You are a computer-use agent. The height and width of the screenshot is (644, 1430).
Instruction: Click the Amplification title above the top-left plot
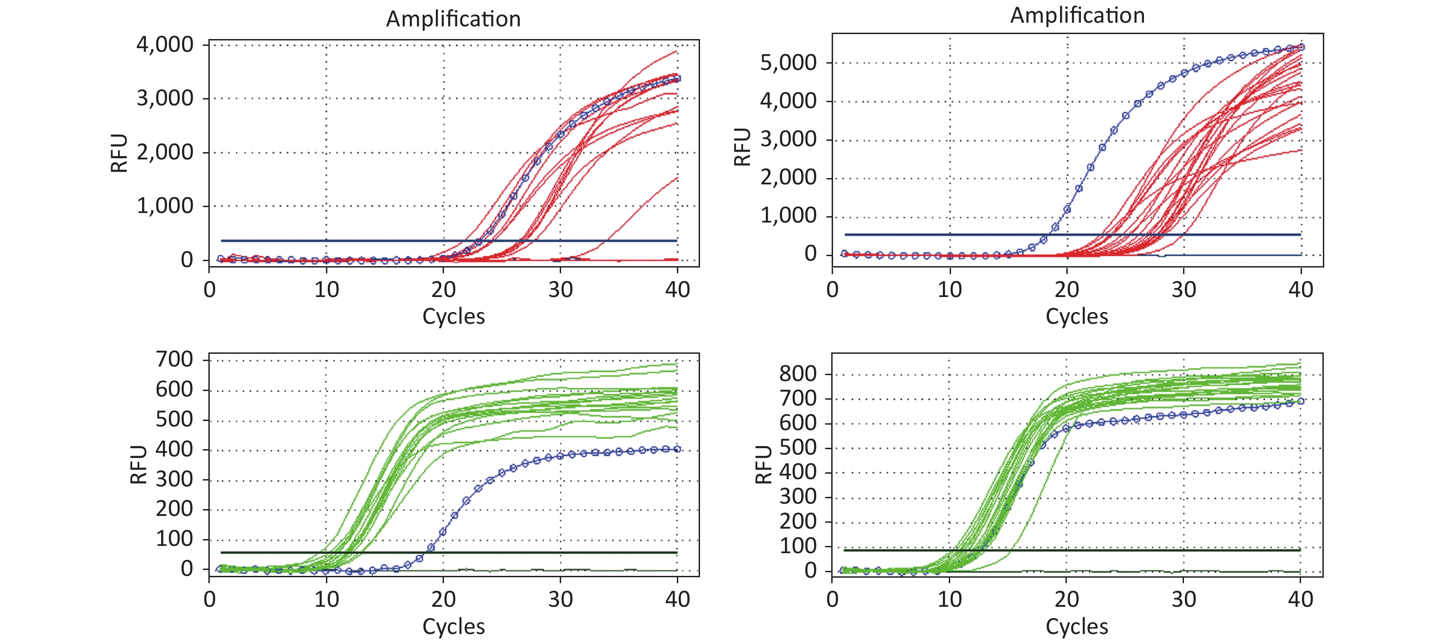tap(453, 20)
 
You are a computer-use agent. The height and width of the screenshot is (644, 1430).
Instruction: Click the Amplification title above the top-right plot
tap(1077, 15)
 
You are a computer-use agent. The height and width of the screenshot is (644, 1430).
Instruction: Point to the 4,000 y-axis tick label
tap(165, 45)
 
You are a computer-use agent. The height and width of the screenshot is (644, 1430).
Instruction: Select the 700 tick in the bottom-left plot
tap(174, 359)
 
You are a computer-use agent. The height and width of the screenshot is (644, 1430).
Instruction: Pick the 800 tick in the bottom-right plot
tap(798, 374)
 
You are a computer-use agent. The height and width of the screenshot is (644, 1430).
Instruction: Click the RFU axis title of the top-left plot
tap(119, 153)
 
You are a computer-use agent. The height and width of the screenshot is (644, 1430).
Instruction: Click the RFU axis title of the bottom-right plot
tap(764, 465)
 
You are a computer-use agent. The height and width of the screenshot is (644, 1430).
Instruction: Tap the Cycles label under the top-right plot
tap(1076, 317)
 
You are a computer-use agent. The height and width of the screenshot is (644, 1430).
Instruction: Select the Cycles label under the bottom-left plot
tap(453, 626)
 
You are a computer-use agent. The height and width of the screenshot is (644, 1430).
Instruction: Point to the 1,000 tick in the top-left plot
tap(165, 206)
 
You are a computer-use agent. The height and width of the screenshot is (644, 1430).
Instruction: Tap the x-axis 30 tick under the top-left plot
tap(560, 289)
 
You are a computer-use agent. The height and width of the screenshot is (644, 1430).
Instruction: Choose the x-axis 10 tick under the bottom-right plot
tap(949, 599)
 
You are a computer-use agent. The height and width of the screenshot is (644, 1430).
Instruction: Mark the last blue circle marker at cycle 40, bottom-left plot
tap(677, 449)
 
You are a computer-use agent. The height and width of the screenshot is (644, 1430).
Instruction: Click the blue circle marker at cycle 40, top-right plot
tap(1301, 47)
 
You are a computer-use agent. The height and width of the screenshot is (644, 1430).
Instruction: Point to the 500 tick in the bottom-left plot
tap(174, 419)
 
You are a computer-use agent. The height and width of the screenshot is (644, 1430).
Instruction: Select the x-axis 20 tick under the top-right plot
tap(1066, 289)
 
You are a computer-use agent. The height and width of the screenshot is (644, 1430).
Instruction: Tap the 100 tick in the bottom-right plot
tap(798, 546)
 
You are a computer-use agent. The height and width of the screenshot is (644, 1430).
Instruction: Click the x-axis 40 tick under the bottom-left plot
tap(677, 599)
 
